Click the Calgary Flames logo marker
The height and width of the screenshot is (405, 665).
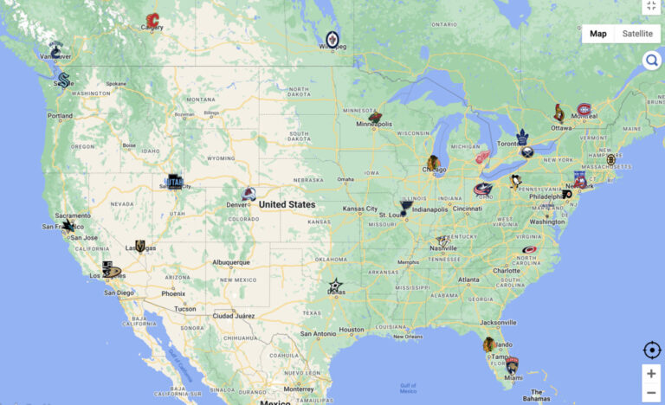[x=153, y=21]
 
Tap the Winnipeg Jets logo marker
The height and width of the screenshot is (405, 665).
[x=333, y=38]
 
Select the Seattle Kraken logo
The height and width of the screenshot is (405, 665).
[x=64, y=80]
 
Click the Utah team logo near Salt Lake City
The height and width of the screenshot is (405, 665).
[x=175, y=182]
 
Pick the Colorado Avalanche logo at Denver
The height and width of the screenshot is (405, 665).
[x=249, y=195]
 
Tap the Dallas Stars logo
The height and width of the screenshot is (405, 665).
[x=335, y=286]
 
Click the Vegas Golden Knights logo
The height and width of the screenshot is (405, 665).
[x=140, y=247]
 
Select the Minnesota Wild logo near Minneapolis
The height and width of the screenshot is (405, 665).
[x=375, y=117]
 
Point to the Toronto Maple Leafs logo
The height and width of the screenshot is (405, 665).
[x=522, y=136]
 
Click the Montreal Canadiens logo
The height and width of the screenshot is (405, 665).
[x=586, y=110]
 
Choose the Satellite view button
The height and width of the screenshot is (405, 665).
[x=637, y=34]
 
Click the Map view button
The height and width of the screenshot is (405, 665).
[x=598, y=34]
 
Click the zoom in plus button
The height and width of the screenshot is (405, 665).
[x=651, y=374]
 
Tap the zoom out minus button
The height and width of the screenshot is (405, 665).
[x=651, y=393]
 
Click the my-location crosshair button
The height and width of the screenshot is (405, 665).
[x=651, y=350]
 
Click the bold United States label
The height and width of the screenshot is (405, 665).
[x=287, y=205]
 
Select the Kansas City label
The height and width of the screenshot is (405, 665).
[x=359, y=209]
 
